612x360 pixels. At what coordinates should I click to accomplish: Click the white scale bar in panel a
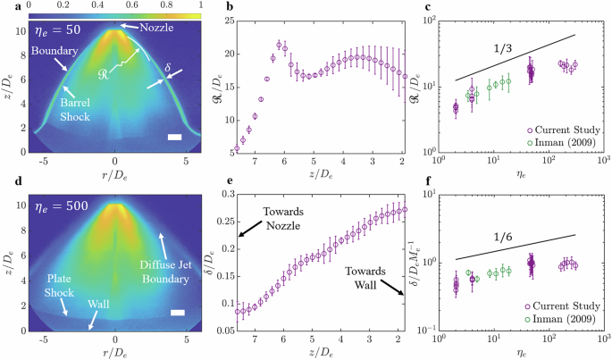click(x=174, y=137)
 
